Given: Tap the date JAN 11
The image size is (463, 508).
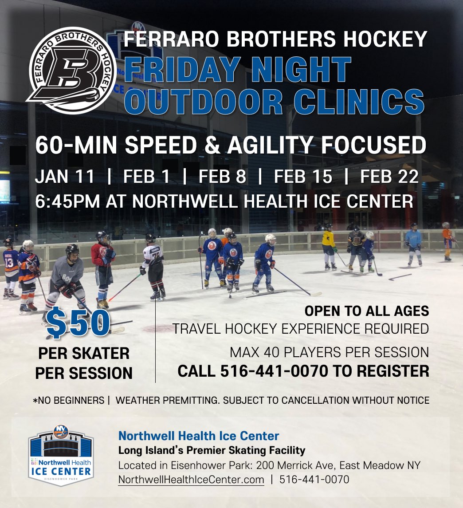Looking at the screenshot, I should point(65,177).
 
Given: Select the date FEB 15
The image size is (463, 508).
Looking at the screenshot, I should point(303,177).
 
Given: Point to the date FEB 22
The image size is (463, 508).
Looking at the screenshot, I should point(389,177).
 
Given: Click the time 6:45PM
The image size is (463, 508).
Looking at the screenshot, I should point(67,201).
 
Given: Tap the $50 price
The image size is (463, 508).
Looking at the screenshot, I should point(78,324).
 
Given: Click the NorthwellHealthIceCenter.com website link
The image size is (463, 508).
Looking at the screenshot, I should point(191,480).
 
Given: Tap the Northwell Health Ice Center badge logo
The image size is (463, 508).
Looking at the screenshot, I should point(61,455).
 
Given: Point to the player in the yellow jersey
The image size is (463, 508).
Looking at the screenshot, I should point(329,247).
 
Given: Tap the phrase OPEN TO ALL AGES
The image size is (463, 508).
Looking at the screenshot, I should point(366,311).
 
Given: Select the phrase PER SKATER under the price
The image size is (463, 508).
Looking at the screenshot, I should point(84,354).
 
